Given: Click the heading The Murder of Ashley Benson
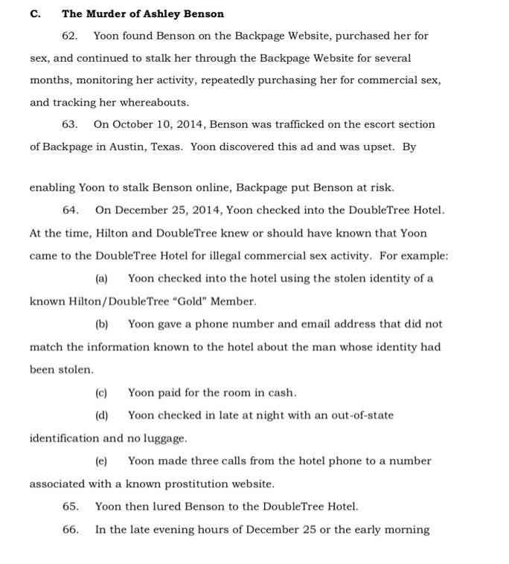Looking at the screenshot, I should [143, 13].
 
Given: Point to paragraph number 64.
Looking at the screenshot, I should [71, 211].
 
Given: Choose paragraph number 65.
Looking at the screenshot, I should [71, 507].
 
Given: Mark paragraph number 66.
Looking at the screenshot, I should [71, 530].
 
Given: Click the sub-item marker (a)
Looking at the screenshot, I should [101, 279].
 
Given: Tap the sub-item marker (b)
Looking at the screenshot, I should [102, 324].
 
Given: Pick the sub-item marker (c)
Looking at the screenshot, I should [101, 393].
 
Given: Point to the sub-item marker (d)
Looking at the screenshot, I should [102, 415].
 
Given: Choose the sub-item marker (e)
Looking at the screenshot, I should [101, 461].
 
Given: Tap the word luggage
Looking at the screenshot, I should [164, 438].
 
